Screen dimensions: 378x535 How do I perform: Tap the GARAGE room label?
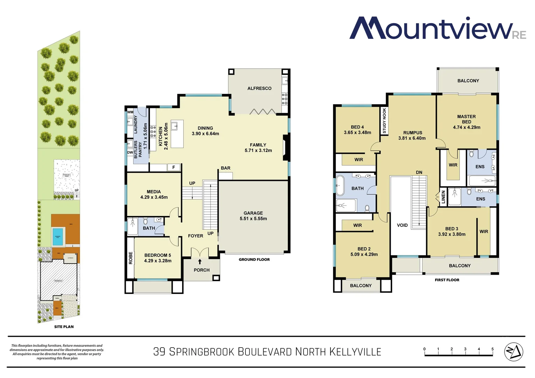point(253,213)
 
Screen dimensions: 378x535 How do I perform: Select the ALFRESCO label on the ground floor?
point(259,89)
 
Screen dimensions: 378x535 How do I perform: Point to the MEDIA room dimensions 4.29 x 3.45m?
point(154,197)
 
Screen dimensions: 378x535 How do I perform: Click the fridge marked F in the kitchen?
point(174,168)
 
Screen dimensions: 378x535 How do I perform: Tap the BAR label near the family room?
point(225,168)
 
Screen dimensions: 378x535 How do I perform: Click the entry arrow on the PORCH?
point(200,261)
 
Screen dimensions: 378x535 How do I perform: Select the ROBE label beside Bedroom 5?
point(131,258)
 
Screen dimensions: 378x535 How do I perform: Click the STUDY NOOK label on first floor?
point(384,120)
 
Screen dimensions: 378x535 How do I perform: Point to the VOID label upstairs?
point(402,225)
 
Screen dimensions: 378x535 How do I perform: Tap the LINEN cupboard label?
point(443,197)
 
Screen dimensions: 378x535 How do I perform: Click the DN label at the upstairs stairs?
point(419,173)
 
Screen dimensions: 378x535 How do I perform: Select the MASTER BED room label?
point(466,119)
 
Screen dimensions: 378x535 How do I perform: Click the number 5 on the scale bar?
point(492,349)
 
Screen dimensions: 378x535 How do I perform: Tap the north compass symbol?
point(513,352)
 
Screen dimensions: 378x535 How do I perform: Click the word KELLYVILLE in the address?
point(355,352)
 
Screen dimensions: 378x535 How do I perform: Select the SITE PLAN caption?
point(64,327)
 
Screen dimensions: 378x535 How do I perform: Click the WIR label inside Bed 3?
point(484,232)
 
